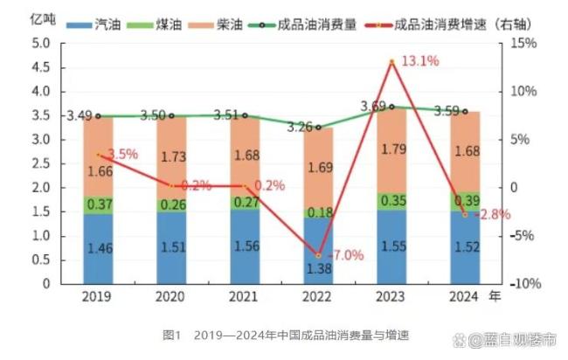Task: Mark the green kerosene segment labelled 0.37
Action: [98, 204]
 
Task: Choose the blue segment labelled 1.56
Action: [246, 246]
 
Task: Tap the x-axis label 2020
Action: [170, 297]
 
